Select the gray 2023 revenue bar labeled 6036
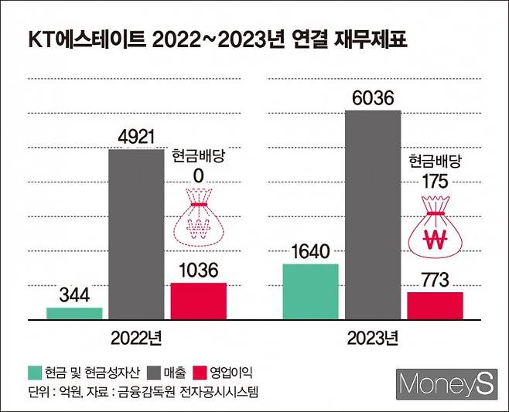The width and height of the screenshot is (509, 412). [x=373, y=214]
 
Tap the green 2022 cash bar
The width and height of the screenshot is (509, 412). [x=74, y=313]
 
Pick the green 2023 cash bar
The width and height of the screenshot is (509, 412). [x=310, y=291]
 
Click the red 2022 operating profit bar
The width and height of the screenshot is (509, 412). [x=198, y=301]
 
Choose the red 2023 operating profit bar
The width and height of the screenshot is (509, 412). [x=435, y=305]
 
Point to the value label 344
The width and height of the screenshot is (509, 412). [x=74, y=295]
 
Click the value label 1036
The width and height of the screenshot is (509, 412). [x=198, y=271]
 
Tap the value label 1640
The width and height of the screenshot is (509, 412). [x=310, y=251]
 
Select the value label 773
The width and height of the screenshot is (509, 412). [x=435, y=280]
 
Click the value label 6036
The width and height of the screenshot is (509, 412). [x=373, y=98]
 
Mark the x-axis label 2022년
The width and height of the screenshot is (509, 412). [x=137, y=338]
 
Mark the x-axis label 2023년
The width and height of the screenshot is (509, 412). [x=373, y=338]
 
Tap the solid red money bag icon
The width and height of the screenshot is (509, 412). [x=435, y=230]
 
